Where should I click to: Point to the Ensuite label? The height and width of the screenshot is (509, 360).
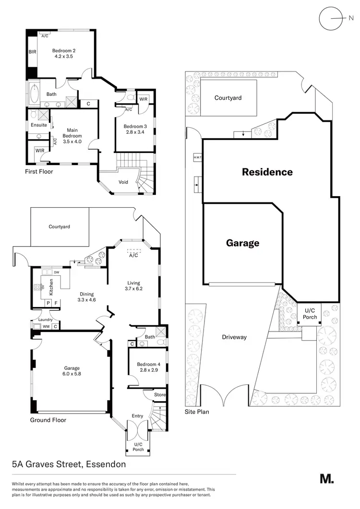39,125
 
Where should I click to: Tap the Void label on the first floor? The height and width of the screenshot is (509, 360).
123,182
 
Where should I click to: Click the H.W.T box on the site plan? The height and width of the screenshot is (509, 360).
197,157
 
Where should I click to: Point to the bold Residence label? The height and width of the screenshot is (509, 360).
267,172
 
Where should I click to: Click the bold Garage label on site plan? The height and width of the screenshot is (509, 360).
242,243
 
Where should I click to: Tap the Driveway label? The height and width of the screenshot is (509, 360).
234,337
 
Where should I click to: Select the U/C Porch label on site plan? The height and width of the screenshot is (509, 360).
310,314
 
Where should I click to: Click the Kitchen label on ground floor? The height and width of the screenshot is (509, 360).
49,287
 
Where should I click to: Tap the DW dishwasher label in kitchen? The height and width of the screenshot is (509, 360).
56,272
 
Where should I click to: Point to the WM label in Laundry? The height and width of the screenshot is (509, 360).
46,327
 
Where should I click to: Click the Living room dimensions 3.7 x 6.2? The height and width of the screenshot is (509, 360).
133,289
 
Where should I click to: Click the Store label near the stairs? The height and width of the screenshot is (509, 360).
160,395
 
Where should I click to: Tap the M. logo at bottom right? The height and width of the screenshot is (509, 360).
326,478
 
